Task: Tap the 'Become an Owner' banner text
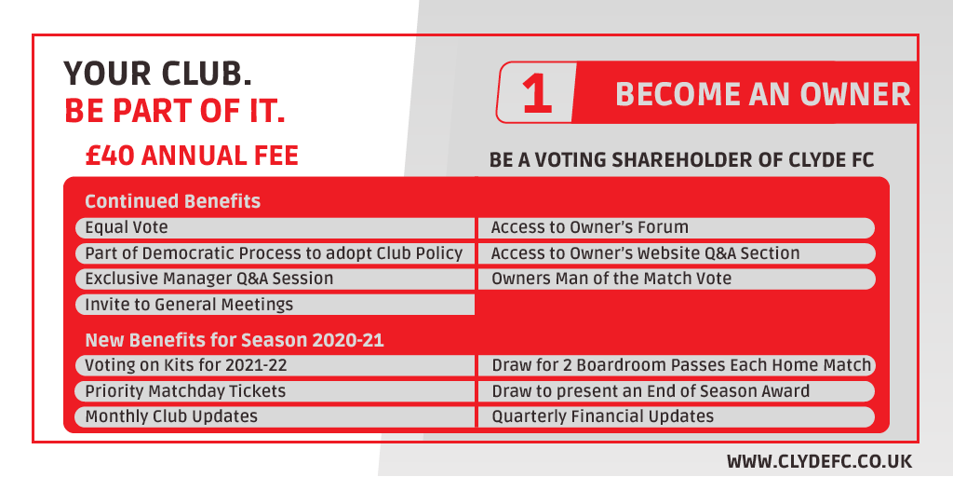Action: [762, 94]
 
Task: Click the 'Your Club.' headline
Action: [157, 73]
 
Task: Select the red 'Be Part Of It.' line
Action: [174, 110]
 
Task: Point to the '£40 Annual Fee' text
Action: [192, 155]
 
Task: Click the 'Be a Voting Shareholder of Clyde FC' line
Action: [681, 160]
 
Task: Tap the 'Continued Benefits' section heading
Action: [172, 201]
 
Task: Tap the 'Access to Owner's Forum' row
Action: [676, 227]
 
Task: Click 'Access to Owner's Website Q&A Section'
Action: [676, 253]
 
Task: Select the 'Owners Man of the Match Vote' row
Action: [676, 279]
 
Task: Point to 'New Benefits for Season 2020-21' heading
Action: [235, 340]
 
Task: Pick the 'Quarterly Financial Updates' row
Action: [676, 416]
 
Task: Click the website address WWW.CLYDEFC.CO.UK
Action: [819, 461]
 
